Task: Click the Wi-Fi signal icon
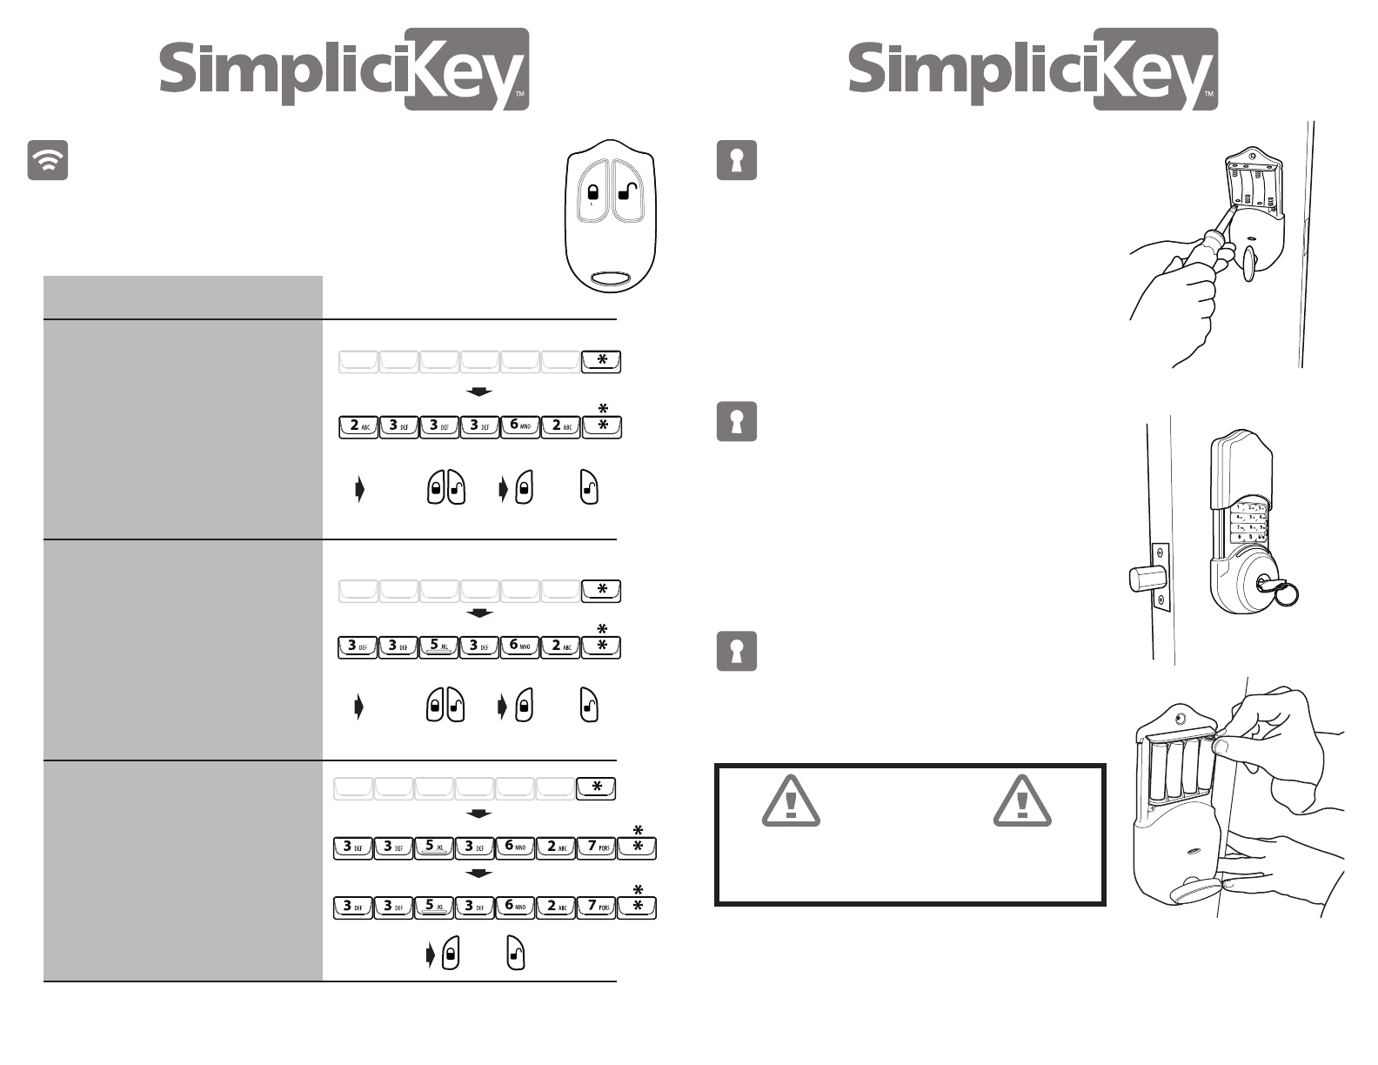48,160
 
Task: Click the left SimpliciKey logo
344,69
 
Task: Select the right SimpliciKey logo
1033,69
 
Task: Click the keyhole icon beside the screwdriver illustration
736,160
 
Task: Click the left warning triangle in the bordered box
790,800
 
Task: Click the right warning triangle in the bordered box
1022,800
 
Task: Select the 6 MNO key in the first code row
520,427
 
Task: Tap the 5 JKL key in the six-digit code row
439,647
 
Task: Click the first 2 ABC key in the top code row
358,427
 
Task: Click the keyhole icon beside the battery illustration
736,651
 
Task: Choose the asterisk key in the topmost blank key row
601,362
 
